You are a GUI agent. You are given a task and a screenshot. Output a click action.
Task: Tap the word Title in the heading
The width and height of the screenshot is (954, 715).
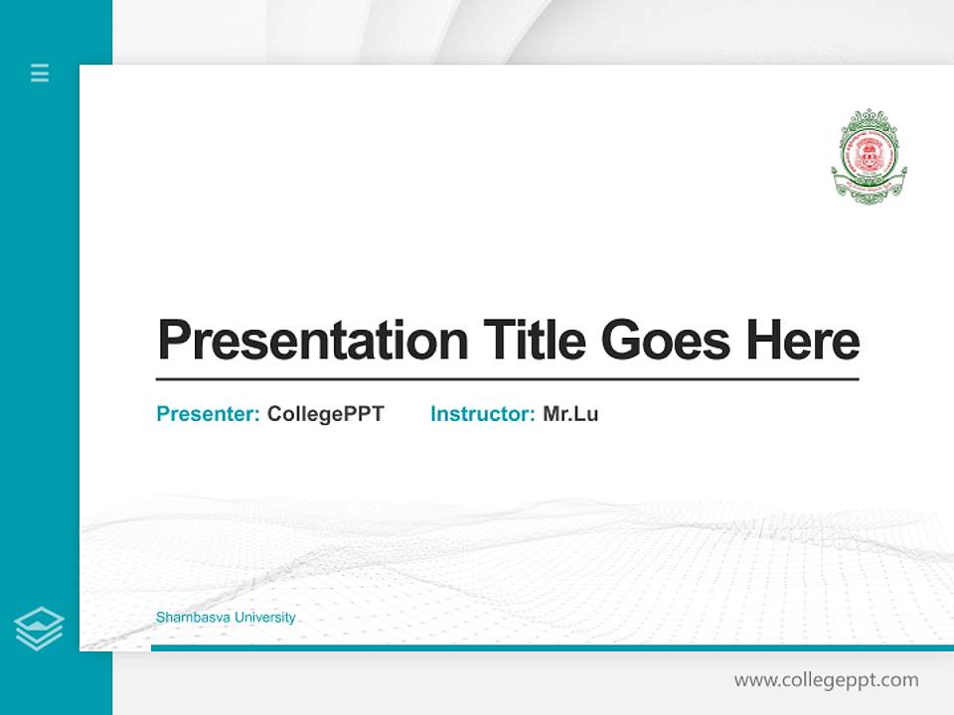[x=535, y=341]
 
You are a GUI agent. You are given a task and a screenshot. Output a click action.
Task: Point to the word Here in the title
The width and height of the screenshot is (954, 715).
[x=803, y=341]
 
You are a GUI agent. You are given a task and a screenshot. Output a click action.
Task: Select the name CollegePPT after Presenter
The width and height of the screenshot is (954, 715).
[x=325, y=414]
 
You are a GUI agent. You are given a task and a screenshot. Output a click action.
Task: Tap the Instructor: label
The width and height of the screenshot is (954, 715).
[x=483, y=414]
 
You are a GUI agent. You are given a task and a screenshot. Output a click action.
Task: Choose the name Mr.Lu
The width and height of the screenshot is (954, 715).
[x=570, y=414]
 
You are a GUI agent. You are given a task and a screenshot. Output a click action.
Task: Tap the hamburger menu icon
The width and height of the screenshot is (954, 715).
[x=40, y=72]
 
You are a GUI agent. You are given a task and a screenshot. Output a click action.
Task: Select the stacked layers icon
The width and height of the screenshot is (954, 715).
[x=39, y=629]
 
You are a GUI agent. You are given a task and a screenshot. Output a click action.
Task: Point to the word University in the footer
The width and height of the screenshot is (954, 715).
[x=263, y=618]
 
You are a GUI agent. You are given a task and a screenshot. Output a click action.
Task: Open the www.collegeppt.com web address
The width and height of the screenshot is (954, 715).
[x=826, y=680]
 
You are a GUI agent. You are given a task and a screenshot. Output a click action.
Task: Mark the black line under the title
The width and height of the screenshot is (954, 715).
[x=507, y=379]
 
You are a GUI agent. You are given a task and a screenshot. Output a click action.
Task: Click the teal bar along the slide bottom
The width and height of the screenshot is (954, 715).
[x=552, y=647]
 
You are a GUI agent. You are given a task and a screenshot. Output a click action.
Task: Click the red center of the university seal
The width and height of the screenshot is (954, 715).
[x=869, y=152]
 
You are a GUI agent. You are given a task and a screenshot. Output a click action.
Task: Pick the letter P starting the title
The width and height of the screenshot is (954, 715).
[x=173, y=341]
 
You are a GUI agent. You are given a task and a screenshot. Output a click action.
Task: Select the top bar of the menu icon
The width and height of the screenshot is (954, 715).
[x=40, y=66]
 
